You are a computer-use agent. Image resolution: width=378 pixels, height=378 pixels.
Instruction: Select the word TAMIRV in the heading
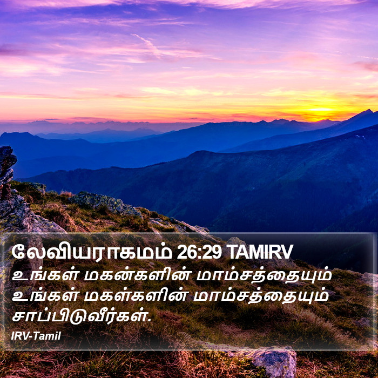[x=259, y=252]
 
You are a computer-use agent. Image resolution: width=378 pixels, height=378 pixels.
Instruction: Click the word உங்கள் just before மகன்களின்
[x=45, y=275]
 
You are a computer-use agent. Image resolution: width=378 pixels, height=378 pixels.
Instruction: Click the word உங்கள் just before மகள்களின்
[x=45, y=296]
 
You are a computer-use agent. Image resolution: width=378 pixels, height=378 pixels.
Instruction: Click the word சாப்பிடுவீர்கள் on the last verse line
[x=79, y=316]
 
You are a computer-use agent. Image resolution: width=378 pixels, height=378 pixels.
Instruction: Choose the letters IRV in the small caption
[x=20, y=336]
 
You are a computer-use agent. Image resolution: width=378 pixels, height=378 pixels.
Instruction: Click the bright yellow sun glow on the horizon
[x=321, y=110]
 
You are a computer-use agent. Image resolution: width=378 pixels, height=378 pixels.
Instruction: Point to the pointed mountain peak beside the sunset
[x=368, y=111]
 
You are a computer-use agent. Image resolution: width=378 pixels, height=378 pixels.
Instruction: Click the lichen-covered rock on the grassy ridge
[x=104, y=202]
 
